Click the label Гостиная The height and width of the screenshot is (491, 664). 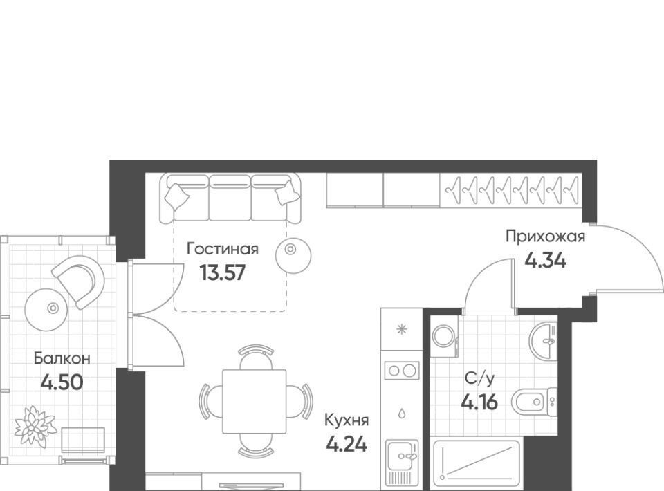223,248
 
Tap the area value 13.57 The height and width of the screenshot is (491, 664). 223,272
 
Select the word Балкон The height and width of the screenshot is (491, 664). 62,358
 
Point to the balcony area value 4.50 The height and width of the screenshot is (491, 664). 62,382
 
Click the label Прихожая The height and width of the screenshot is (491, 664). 546,237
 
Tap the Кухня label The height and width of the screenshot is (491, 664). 347,420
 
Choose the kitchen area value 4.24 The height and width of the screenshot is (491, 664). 347,444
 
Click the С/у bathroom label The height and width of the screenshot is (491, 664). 479,378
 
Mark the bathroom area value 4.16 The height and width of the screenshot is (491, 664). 479,402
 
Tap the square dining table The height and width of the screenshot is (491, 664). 255,402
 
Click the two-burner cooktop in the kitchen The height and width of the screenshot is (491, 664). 402,371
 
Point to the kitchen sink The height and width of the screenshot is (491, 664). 402,462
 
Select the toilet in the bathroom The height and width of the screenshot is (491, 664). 535,401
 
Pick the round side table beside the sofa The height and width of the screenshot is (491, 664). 293,255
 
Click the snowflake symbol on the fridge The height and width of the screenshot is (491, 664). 401,329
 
